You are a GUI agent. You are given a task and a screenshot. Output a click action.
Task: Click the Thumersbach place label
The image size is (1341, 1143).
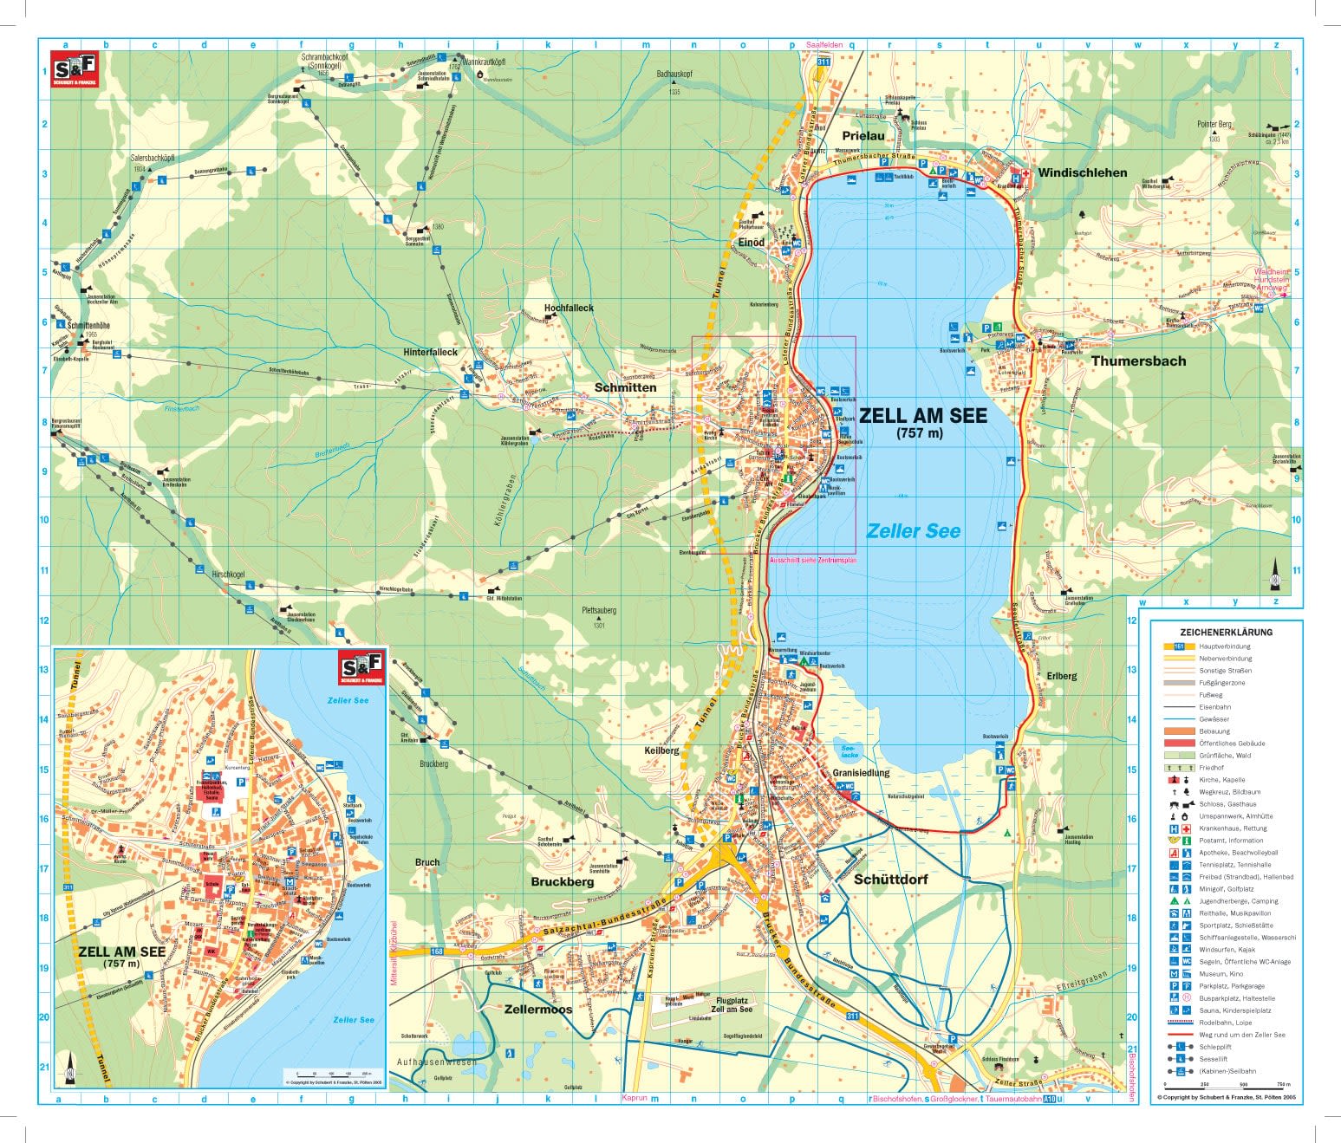1138,360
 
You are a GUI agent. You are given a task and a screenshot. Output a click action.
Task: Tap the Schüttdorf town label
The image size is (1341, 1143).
890,880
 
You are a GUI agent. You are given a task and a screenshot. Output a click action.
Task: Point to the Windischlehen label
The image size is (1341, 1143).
1083,172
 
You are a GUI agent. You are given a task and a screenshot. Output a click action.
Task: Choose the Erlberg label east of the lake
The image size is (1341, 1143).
1061,676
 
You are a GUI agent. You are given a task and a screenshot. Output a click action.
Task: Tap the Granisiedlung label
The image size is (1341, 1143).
861,772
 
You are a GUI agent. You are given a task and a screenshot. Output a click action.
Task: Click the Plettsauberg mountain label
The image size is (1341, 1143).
599,611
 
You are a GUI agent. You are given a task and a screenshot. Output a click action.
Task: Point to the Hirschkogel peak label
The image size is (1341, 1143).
229,575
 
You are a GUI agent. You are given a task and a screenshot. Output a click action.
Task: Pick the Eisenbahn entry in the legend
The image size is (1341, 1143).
1214,707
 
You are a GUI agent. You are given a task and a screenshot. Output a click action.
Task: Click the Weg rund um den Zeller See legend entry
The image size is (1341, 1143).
1241,1035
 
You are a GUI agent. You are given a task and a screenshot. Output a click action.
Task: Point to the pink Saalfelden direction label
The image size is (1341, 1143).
823,45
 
